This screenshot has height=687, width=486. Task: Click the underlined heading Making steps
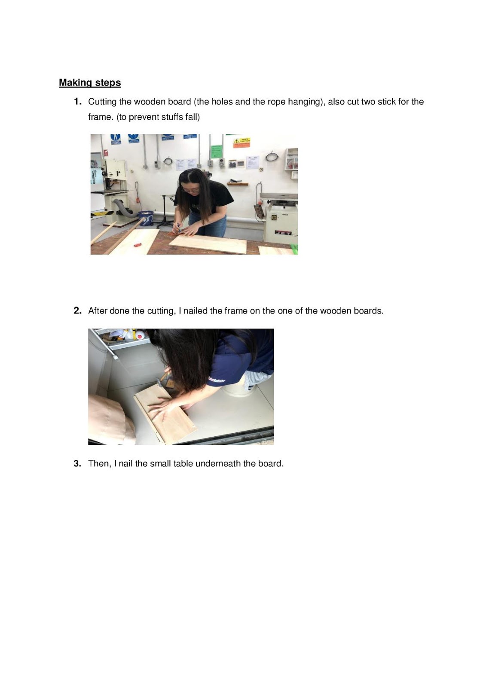tap(90, 83)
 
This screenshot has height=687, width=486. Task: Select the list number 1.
tap(78, 101)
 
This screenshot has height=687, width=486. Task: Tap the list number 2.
tap(78, 310)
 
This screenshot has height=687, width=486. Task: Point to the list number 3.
tap(78, 463)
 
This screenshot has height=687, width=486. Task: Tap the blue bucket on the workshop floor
tap(146, 218)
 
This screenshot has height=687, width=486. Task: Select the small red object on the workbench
tap(138, 244)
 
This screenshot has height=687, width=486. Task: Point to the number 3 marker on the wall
tap(261, 170)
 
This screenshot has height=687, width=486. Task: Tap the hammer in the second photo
tap(164, 378)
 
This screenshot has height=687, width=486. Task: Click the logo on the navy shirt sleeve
tap(217, 380)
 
